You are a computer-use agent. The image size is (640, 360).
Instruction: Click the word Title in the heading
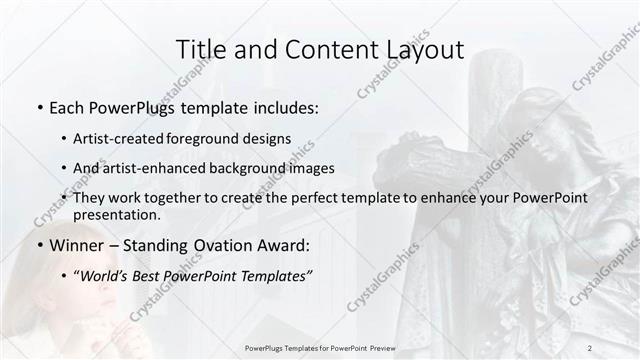(x=200, y=50)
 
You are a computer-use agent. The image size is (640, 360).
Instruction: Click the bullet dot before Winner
(x=38, y=245)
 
